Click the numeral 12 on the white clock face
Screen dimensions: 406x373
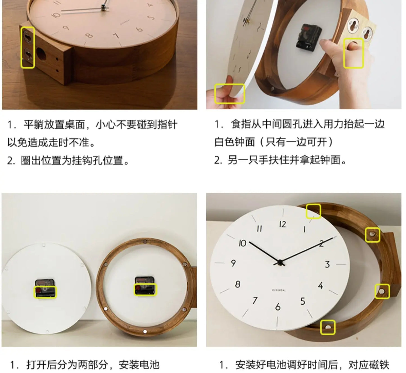283,224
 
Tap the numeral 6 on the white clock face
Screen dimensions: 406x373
278,307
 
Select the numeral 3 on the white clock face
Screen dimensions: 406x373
328,264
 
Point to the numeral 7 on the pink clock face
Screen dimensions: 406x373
116,36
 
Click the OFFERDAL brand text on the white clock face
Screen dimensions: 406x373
279,290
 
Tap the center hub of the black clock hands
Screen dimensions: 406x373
280,263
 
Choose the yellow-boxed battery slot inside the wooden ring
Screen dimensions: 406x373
146,289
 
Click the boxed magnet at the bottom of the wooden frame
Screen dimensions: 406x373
328,333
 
